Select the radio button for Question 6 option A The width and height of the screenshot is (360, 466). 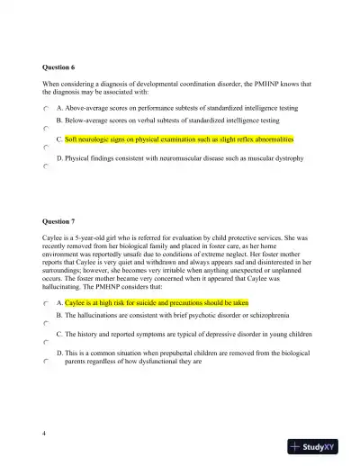[x=45, y=108]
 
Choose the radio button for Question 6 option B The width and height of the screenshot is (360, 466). [x=45, y=129]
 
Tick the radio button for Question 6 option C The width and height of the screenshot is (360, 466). [x=45, y=148]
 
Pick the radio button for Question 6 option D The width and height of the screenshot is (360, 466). [x=45, y=167]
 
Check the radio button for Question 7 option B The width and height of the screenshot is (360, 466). [x=45, y=325]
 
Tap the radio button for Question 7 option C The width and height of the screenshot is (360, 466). [x=45, y=343]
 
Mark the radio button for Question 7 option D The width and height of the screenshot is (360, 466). [x=45, y=362]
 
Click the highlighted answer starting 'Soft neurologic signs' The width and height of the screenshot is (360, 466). [x=166, y=140]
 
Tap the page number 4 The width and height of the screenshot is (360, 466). [x=44, y=433]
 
